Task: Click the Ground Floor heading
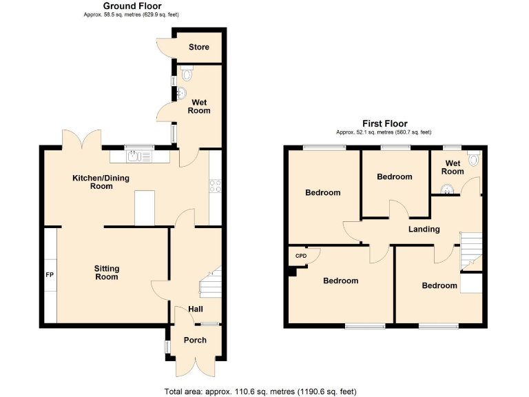tap(132, 6)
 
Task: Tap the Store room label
tap(199, 48)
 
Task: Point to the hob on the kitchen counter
tap(214, 185)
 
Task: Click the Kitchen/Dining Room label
tap(101, 182)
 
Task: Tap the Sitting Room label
tap(107, 272)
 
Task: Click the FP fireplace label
tap(50, 275)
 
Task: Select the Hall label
tap(195, 309)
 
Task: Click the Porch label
tap(195, 340)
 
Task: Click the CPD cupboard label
tap(300, 256)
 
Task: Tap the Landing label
tap(424, 229)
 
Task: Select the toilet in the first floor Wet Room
tap(473, 159)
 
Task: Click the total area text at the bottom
tap(260, 391)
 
